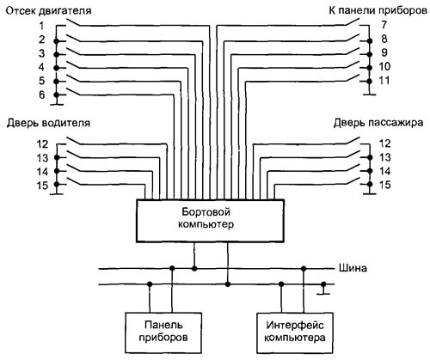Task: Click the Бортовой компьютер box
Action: (210, 221)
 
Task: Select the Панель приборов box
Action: (163, 333)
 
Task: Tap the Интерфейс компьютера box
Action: (295, 333)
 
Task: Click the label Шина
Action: (353, 268)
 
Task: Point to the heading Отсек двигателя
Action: (48, 11)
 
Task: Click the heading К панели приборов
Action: (378, 10)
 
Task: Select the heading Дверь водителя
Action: (48, 123)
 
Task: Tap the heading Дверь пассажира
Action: (378, 123)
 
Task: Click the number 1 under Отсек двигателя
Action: (42, 26)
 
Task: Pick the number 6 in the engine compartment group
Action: (42, 95)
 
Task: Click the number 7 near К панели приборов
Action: (384, 25)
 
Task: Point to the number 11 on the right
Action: (384, 81)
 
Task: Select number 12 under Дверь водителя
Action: (42, 144)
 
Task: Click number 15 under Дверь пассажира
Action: (384, 185)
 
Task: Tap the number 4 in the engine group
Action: (42, 67)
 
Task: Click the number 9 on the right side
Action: (384, 52)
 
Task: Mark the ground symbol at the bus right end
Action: (323, 290)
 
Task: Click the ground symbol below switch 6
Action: (57, 101)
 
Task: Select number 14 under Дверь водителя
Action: (42, 172)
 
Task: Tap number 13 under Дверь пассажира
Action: (384, 157)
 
